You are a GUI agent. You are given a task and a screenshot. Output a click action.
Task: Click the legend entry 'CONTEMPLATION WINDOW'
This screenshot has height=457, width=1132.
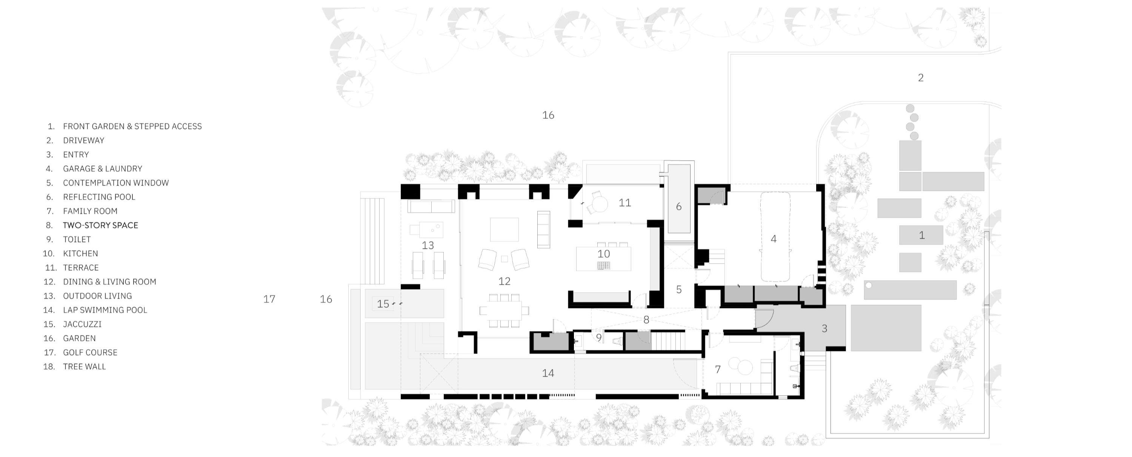pyautogui.click(x=115, y=183)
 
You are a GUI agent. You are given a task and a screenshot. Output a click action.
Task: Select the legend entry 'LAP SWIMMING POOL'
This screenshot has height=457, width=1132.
pyautogui.click(x=105, y=310)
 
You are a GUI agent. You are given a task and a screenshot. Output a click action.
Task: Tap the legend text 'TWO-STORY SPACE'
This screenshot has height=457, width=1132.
pyautogui.click(x=100, y=225)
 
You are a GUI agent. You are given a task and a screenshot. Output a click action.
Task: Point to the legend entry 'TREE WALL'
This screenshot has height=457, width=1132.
pyautogui.click(x=85, y=367)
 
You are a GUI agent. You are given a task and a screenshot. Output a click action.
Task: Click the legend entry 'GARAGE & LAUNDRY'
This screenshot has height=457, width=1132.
pyautogui.click(x=102, y=169)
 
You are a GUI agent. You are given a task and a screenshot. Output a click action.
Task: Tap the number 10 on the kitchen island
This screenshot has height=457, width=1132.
pyautogui.click(x=603, y=254)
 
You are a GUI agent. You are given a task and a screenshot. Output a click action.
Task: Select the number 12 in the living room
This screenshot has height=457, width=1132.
pyautogui.click(x=504, y=281)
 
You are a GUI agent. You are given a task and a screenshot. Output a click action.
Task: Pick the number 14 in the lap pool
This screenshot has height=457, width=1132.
pyautogui.click(x=548, y=374)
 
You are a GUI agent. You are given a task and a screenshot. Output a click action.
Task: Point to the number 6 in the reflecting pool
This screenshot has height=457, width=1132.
pyautogui.click(x=678, y=207)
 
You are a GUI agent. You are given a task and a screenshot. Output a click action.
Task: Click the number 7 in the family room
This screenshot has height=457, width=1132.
pyautogui.click(x=718, y=370)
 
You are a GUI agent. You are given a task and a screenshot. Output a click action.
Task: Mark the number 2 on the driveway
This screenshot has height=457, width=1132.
pyautogui.click(x=921, y=78)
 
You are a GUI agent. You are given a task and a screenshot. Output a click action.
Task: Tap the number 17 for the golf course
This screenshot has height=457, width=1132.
pyautogui.click(x=269, y=299)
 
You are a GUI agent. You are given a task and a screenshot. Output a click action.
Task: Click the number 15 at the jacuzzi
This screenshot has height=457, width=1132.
pyautogui.click(x=383, y=304)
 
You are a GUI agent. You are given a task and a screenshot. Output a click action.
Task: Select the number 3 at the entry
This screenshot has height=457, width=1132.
pyautogui.click(x=824, y=328)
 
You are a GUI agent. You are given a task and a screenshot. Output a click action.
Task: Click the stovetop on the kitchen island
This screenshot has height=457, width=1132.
pyautogui.click(x=603, y=265)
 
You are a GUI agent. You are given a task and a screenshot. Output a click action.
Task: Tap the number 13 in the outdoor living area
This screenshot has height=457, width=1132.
pyautogui.click(x=428, y=246)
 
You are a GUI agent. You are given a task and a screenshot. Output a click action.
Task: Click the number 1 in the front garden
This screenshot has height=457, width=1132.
pyautogui.click(x=921, y=235)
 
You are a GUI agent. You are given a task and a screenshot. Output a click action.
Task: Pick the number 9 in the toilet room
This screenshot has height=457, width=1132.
pyautogui.click(x=598, y=338)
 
